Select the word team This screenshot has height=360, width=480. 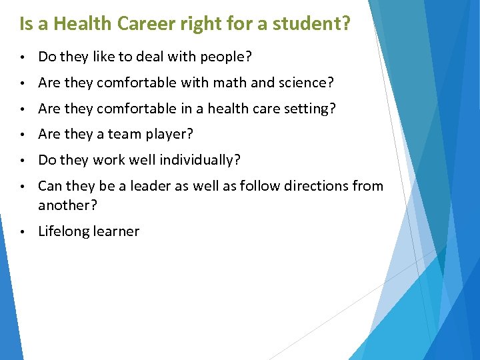(x=124, y=134)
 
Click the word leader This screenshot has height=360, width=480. (x=156, y=186)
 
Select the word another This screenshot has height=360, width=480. (x=67, y=205)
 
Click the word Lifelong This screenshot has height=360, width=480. (x=65, y=231)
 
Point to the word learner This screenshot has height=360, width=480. (x=118, y=231)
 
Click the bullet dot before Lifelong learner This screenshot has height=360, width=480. (x=23, y=232)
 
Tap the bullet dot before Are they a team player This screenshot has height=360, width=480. (x=23, y=135)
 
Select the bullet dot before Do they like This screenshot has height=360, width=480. (x=23, y=57)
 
